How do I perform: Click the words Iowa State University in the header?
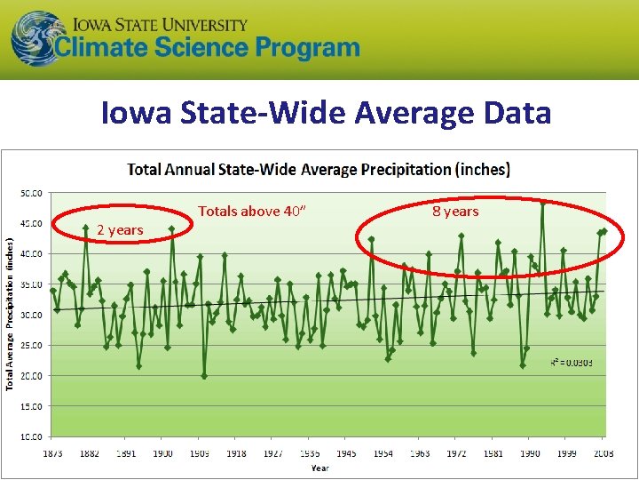tap(160, 24)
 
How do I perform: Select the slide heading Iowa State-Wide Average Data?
tap(326, 113)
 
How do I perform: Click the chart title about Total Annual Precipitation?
tap(319, 169)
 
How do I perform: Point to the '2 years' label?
tap(120, 230)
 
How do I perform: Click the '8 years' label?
tap(455, 212)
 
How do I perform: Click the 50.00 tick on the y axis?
tap(33, 193)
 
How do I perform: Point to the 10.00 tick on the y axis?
tap(33, 436)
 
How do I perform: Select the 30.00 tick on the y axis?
tap(33, 315)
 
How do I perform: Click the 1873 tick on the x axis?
tap(52, 453)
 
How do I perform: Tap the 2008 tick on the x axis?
tap(602, 453)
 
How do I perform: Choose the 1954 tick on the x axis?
tap(383, 453)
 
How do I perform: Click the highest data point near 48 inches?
tap(542, 202)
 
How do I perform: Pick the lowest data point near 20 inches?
tap(204, 376)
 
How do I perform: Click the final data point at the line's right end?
tap(604, 230)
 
